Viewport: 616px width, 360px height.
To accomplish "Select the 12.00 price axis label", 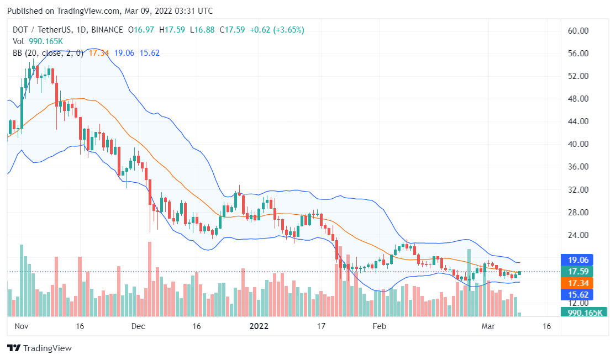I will (x=578, y=303).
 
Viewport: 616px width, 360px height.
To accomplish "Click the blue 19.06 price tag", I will (x=577, y=260).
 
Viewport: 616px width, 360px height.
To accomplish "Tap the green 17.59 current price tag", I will (x=577, y=272).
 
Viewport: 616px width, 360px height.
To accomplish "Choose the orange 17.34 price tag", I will (x=577, y=283).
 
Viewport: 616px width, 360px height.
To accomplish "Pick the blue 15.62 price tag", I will (x=577, y=294).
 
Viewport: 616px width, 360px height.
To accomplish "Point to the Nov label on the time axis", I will (x=21, y=326).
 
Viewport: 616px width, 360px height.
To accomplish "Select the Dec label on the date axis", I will (x=138, y=326).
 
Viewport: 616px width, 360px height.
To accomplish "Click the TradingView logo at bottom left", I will (x=39, y=348).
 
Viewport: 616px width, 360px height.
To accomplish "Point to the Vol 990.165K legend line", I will (x=38, y=41).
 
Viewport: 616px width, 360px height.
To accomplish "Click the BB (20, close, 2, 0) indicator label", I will (x=49, y=53).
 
